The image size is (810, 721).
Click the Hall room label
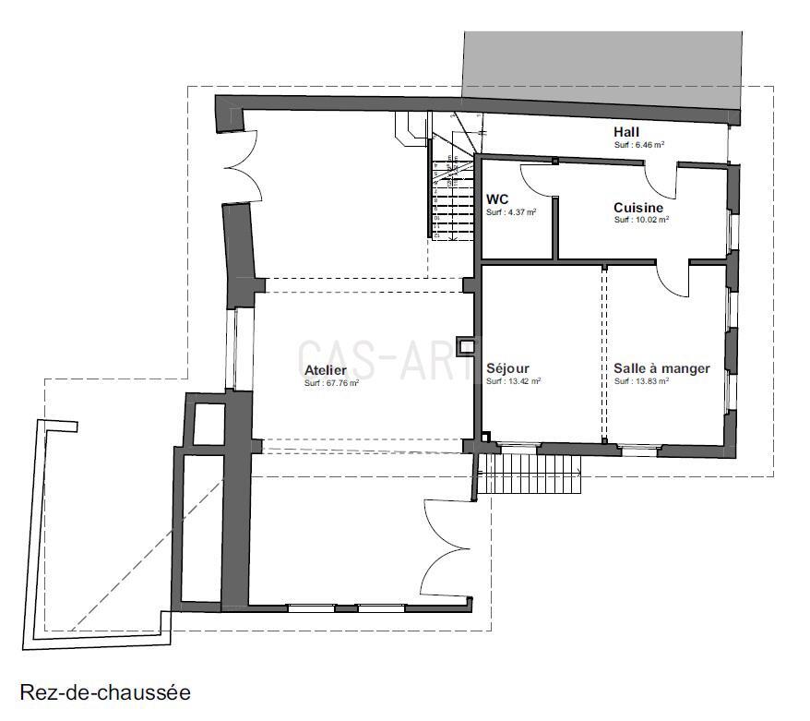coord(626,132)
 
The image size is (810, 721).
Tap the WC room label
coord(497,199)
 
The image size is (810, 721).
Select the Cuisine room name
coord(638,208)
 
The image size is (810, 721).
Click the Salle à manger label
coord(661,368)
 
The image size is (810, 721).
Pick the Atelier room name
coord(326,370)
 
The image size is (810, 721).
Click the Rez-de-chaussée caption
coord(104,691)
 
